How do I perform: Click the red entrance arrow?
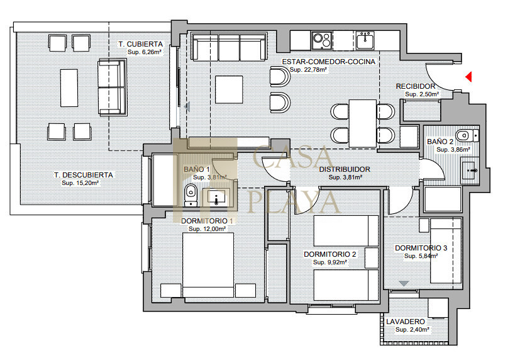click(468, 77)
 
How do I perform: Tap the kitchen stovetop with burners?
click(321, 40)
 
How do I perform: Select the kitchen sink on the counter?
click(365, 40)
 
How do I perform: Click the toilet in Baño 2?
click(467, 135)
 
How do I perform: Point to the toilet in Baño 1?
click(191, 195)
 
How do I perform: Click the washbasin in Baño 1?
click(214, 197)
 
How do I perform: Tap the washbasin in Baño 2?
click(470, 171)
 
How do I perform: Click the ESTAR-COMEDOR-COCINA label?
click(329, 62)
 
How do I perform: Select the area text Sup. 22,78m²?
click(308, 70)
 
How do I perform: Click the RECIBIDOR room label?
click(416, 86)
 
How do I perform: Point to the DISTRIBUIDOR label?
click(345, 169)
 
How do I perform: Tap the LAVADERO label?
click(406, 322)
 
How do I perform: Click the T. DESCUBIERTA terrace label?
click(84, 175)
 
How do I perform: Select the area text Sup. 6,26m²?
click(145, 52)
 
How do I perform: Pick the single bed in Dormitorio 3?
click(446, 251)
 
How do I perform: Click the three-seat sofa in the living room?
click(229, 47)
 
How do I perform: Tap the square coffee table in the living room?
click(229, 89)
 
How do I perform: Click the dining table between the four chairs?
click(363, 123)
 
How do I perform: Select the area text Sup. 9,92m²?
click(330, 262)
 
